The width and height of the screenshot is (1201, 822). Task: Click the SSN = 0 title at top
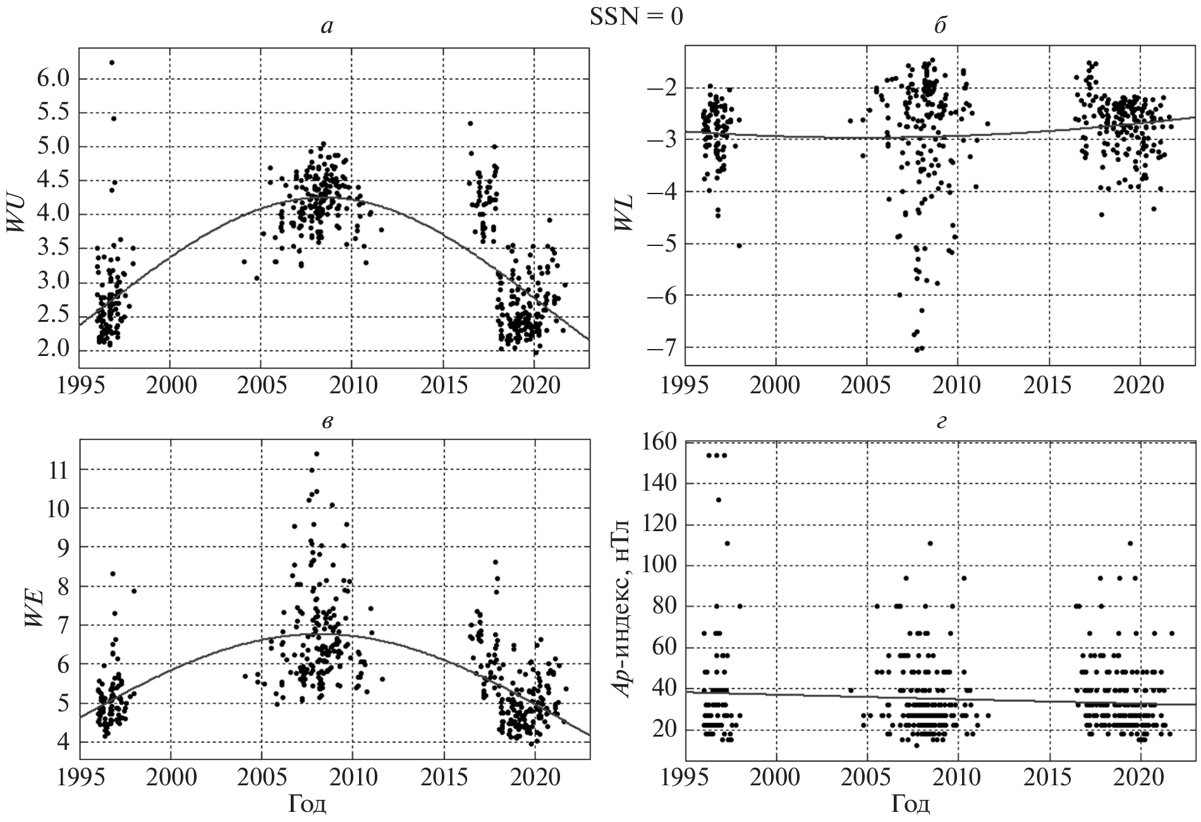click(636, 17)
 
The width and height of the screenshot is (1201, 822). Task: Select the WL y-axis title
click(626, 214)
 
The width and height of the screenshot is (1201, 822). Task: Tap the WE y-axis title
click(34, 606)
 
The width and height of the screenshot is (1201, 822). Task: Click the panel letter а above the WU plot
click(327, 27)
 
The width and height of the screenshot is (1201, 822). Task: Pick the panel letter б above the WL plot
click(940, 27)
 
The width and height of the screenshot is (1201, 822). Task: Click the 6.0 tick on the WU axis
click(53, 79)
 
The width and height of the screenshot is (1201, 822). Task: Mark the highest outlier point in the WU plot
click(112, 63)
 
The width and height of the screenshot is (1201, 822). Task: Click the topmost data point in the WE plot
click(317, 453)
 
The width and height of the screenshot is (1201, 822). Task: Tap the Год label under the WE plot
click(307, 804)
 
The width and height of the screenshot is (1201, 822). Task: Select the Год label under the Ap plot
click(910, 804)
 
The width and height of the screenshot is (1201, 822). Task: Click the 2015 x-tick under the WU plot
click(442, 385)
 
